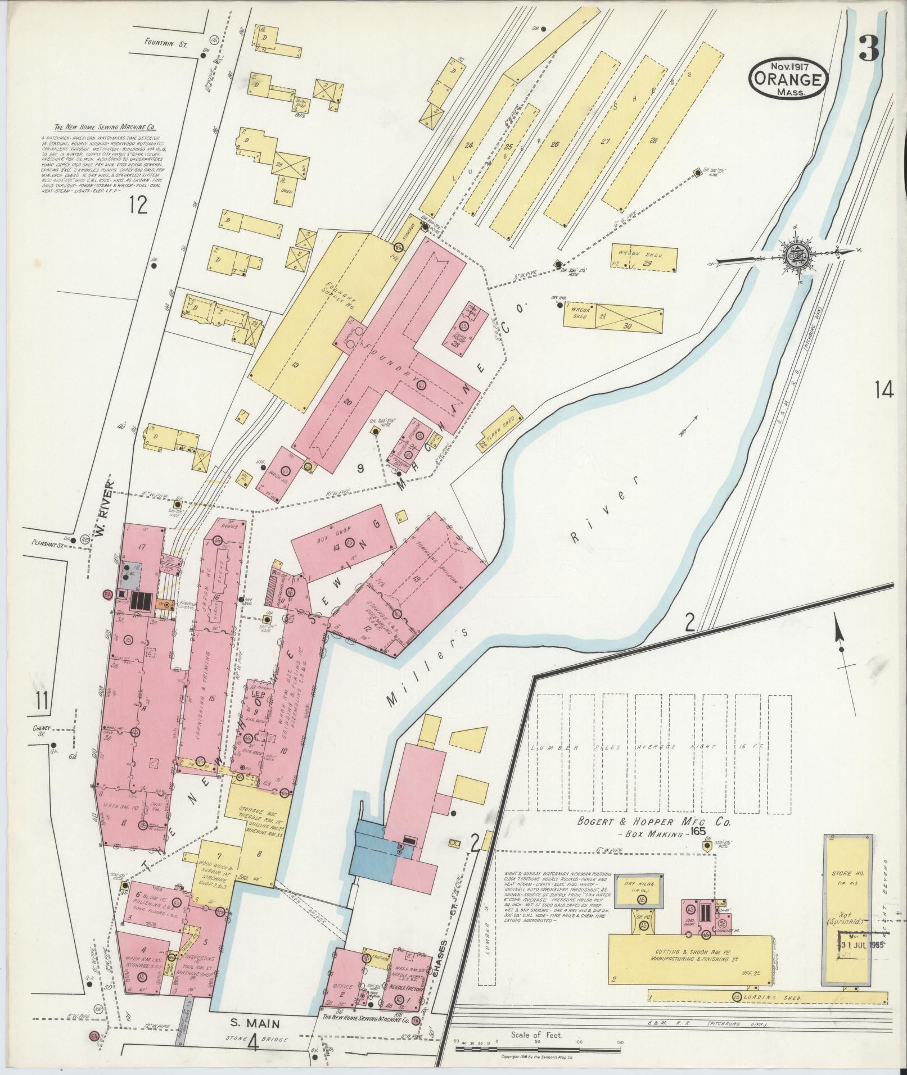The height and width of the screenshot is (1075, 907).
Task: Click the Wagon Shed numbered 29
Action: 644,258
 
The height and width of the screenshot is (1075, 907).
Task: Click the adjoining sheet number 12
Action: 137,205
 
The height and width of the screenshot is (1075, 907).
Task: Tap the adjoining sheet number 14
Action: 883,389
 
